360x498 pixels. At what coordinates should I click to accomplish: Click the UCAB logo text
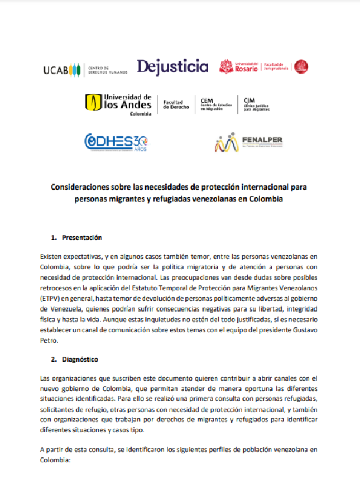pos(56,70)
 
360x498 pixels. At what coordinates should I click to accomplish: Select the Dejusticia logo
pos(172,67)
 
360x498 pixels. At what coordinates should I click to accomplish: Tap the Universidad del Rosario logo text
pos(246,67)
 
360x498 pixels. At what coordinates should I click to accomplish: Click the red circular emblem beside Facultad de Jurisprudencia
pos(301,66)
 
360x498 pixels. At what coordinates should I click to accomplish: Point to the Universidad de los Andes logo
pos(118,103)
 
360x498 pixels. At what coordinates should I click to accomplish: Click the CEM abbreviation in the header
pos(207,100)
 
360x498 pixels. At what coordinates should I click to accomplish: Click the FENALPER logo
pos(247,143)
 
